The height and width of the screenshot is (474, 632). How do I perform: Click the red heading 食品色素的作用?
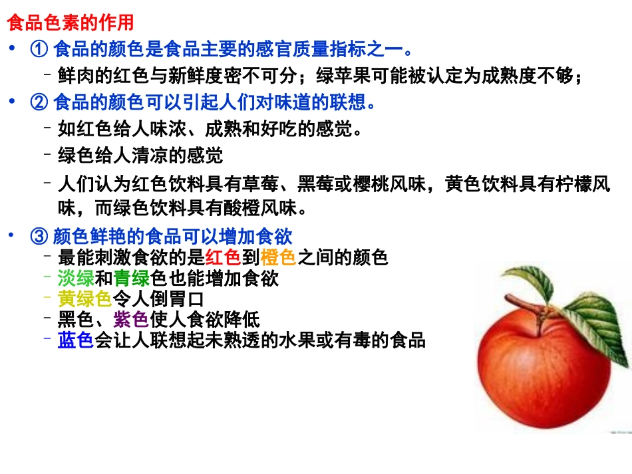[70, 23]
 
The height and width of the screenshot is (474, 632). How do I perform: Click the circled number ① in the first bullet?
[37, 49]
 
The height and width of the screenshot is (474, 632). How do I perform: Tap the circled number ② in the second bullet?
[37, 102]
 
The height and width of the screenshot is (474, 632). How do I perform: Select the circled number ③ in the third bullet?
[37, 237]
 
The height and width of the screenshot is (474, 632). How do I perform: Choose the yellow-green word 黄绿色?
[84, 298]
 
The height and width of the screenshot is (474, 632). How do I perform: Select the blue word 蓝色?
[76, 340]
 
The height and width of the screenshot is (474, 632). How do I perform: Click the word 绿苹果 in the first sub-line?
[343, 77]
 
